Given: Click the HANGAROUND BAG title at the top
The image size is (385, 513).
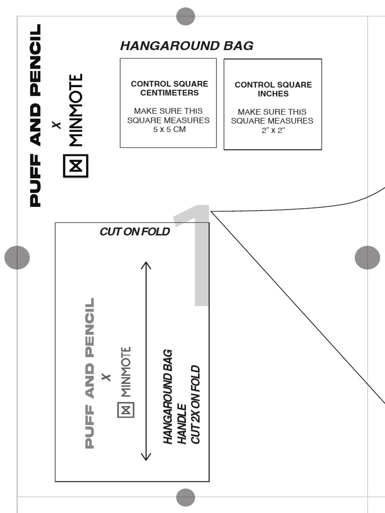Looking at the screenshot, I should click(x=186, y=46).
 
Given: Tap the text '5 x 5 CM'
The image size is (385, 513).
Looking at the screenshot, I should click(x=169, y=129).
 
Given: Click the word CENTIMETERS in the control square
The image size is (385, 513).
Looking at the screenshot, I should click(x=169, y=93).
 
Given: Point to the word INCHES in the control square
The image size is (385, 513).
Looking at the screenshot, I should click(x=273, y=94).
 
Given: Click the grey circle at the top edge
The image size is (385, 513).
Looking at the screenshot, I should click(x=185, y=16).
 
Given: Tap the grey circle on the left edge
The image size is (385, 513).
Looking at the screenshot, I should click(x=17, y=258).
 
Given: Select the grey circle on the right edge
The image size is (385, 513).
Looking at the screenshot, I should click(x=367, y=258).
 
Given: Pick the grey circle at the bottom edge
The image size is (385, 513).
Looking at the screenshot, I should click(x=185, y=497).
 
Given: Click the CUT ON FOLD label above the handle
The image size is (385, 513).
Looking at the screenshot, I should click(x=134, y=231).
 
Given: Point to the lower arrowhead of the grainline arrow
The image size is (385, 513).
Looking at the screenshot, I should click(x=146, y=456).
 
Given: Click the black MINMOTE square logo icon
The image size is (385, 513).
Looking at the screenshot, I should click(x=76, y=166).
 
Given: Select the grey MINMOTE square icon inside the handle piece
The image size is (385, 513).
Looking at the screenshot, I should click(x=125, y=409).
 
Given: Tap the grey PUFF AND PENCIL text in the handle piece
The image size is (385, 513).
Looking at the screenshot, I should click(x=89, y=373).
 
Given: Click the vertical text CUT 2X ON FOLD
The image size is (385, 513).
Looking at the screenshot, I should click(x=196, y=405).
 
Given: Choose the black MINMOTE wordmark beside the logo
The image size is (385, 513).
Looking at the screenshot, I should click(x=75, y=110).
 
